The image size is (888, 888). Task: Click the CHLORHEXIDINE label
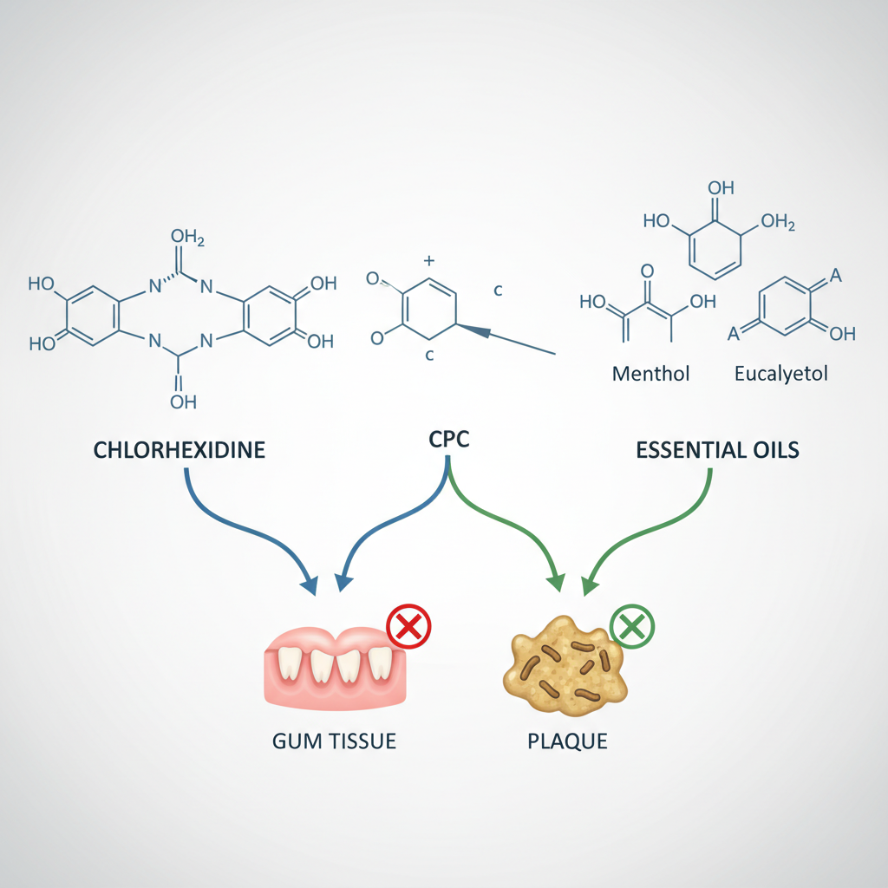(179, 451)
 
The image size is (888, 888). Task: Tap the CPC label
(448, 439)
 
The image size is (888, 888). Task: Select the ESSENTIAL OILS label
(717, 451)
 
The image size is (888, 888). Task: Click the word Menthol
(650, 375)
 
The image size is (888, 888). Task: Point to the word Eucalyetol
(780, 375)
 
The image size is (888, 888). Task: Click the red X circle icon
(408, 627)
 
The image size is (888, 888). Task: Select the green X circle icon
(632, 627)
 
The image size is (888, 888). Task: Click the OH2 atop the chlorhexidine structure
(188, 238)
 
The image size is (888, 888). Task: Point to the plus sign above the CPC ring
(427, 259)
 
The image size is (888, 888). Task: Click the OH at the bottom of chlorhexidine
(183, 402)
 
